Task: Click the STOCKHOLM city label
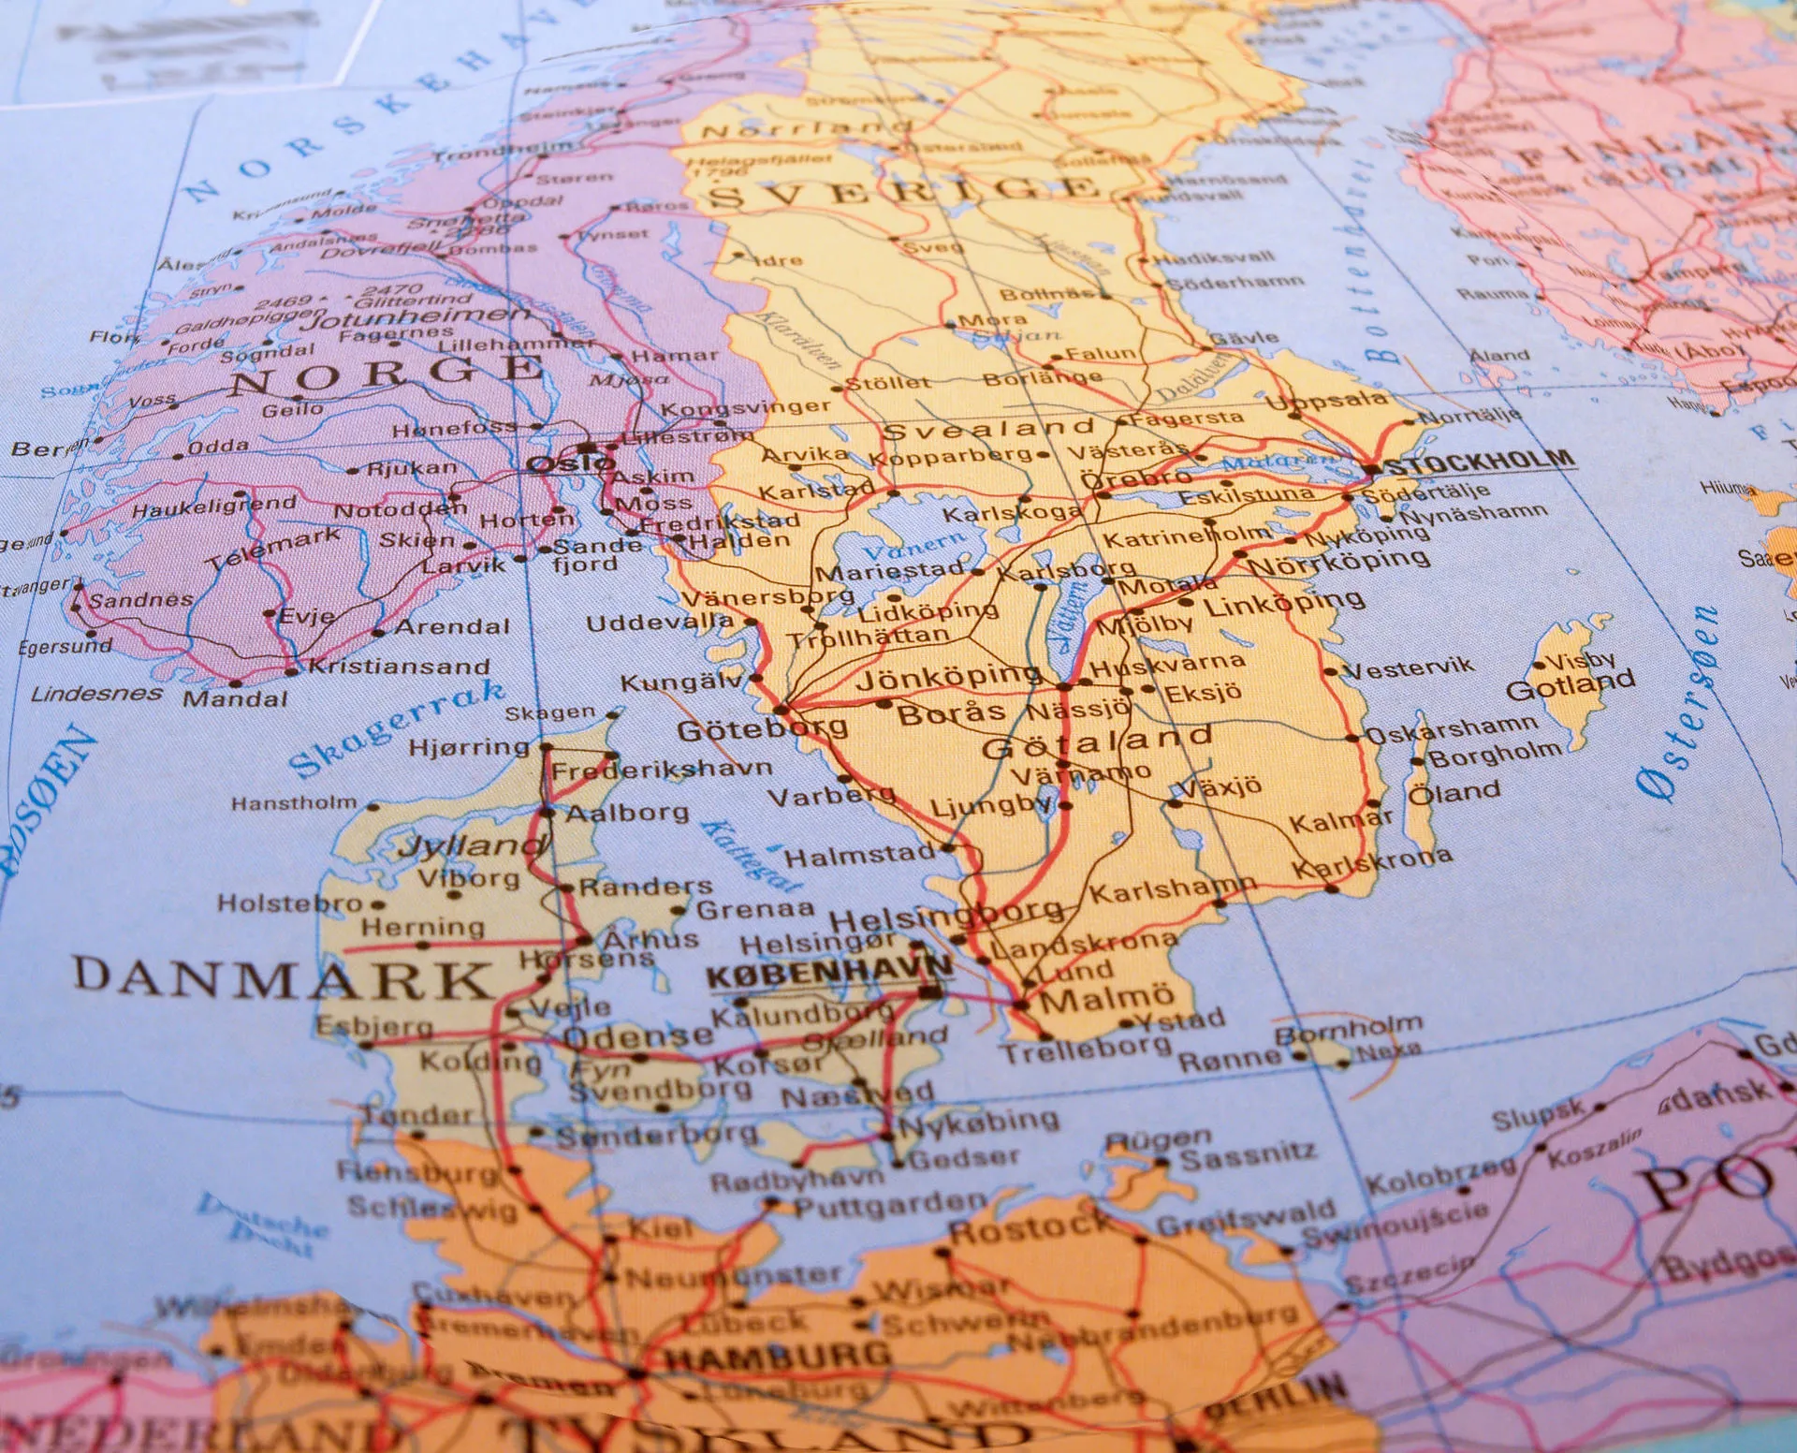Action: point(1478,461)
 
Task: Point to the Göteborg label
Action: point(762,728)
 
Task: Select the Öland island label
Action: point(1454,792)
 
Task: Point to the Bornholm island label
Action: point(1348,1030)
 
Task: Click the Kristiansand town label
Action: point(399,666)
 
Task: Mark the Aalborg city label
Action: point(627,812)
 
